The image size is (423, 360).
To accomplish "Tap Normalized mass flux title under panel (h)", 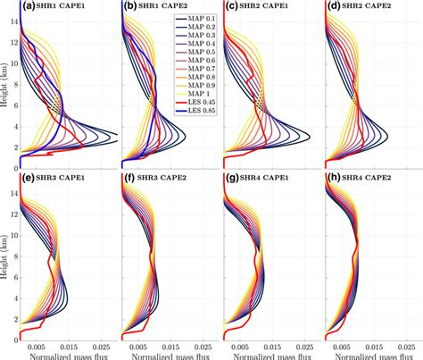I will click(371, 354).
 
